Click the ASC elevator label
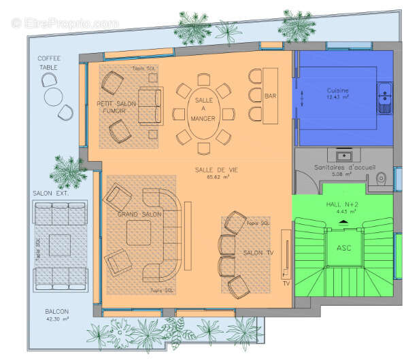point(343,247)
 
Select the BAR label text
point(271,96)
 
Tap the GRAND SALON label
point(139,214)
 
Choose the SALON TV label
point(258,253)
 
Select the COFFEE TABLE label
point(50,62)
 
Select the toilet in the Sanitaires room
point(381,178)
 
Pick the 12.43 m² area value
point(337,97)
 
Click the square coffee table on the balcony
point(61,243)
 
